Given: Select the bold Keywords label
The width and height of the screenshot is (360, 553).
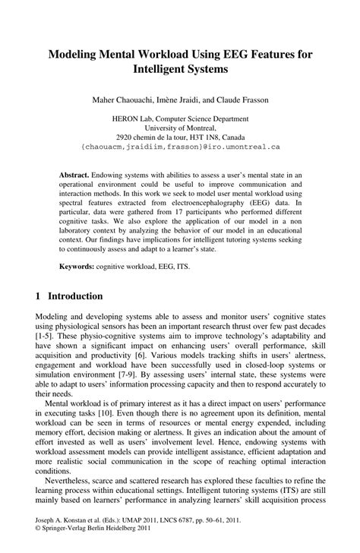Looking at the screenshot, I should coord(77,267).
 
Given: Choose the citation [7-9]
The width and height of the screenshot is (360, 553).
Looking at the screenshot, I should coord(141,377).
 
